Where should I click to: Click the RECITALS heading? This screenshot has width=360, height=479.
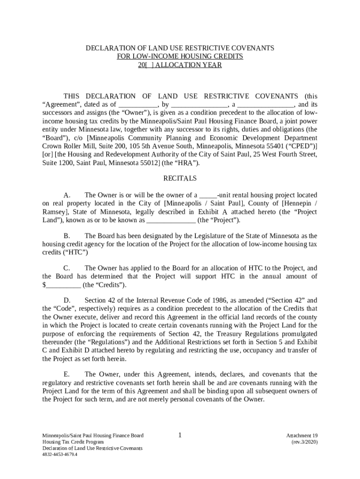pos(180,178)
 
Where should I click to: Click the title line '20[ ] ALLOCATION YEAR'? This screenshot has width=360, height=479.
pos(180,65)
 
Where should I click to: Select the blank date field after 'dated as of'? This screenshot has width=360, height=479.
pos(138,105)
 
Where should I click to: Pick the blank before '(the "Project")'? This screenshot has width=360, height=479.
pos(171,220)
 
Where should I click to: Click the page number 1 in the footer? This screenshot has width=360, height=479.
pos(180,435)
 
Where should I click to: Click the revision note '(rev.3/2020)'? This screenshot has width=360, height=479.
pos(304,442)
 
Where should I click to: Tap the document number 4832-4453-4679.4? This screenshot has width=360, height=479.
pos(60,454)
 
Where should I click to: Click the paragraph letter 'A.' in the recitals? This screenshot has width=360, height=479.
pos(67,195)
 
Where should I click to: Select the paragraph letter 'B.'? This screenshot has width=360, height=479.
pos(67,236)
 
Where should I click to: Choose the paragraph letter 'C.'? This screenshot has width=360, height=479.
pos(67,268)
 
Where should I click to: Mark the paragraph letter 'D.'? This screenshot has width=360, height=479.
pos(67,300)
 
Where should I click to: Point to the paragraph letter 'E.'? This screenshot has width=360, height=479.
pos(67,374)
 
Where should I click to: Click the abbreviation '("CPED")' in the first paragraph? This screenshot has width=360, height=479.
pos(302,146)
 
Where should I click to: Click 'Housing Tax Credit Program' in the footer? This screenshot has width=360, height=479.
pos(73,442)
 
